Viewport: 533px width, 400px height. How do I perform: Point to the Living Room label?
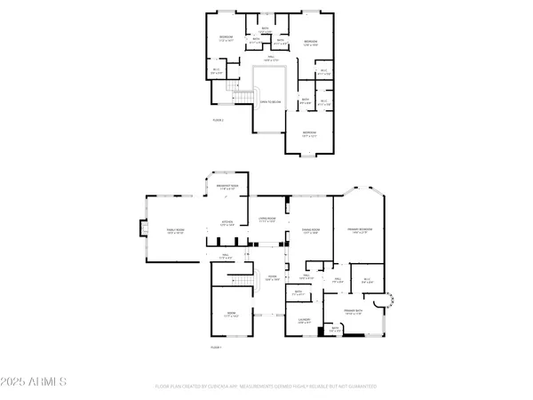[268, 219]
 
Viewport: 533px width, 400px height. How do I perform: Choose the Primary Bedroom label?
[360, 229]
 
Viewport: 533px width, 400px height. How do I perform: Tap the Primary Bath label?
[355, 310]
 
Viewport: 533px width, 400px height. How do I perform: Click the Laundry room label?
[304, 321]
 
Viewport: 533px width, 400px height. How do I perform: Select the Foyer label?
[261, 278]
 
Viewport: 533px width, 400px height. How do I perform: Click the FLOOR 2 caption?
[218, 119]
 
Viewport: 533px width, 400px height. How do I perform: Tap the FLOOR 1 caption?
[216, 347]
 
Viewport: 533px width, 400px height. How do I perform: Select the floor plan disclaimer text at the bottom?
[266, 387]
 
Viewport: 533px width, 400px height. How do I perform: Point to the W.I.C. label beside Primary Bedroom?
[367, 281]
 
